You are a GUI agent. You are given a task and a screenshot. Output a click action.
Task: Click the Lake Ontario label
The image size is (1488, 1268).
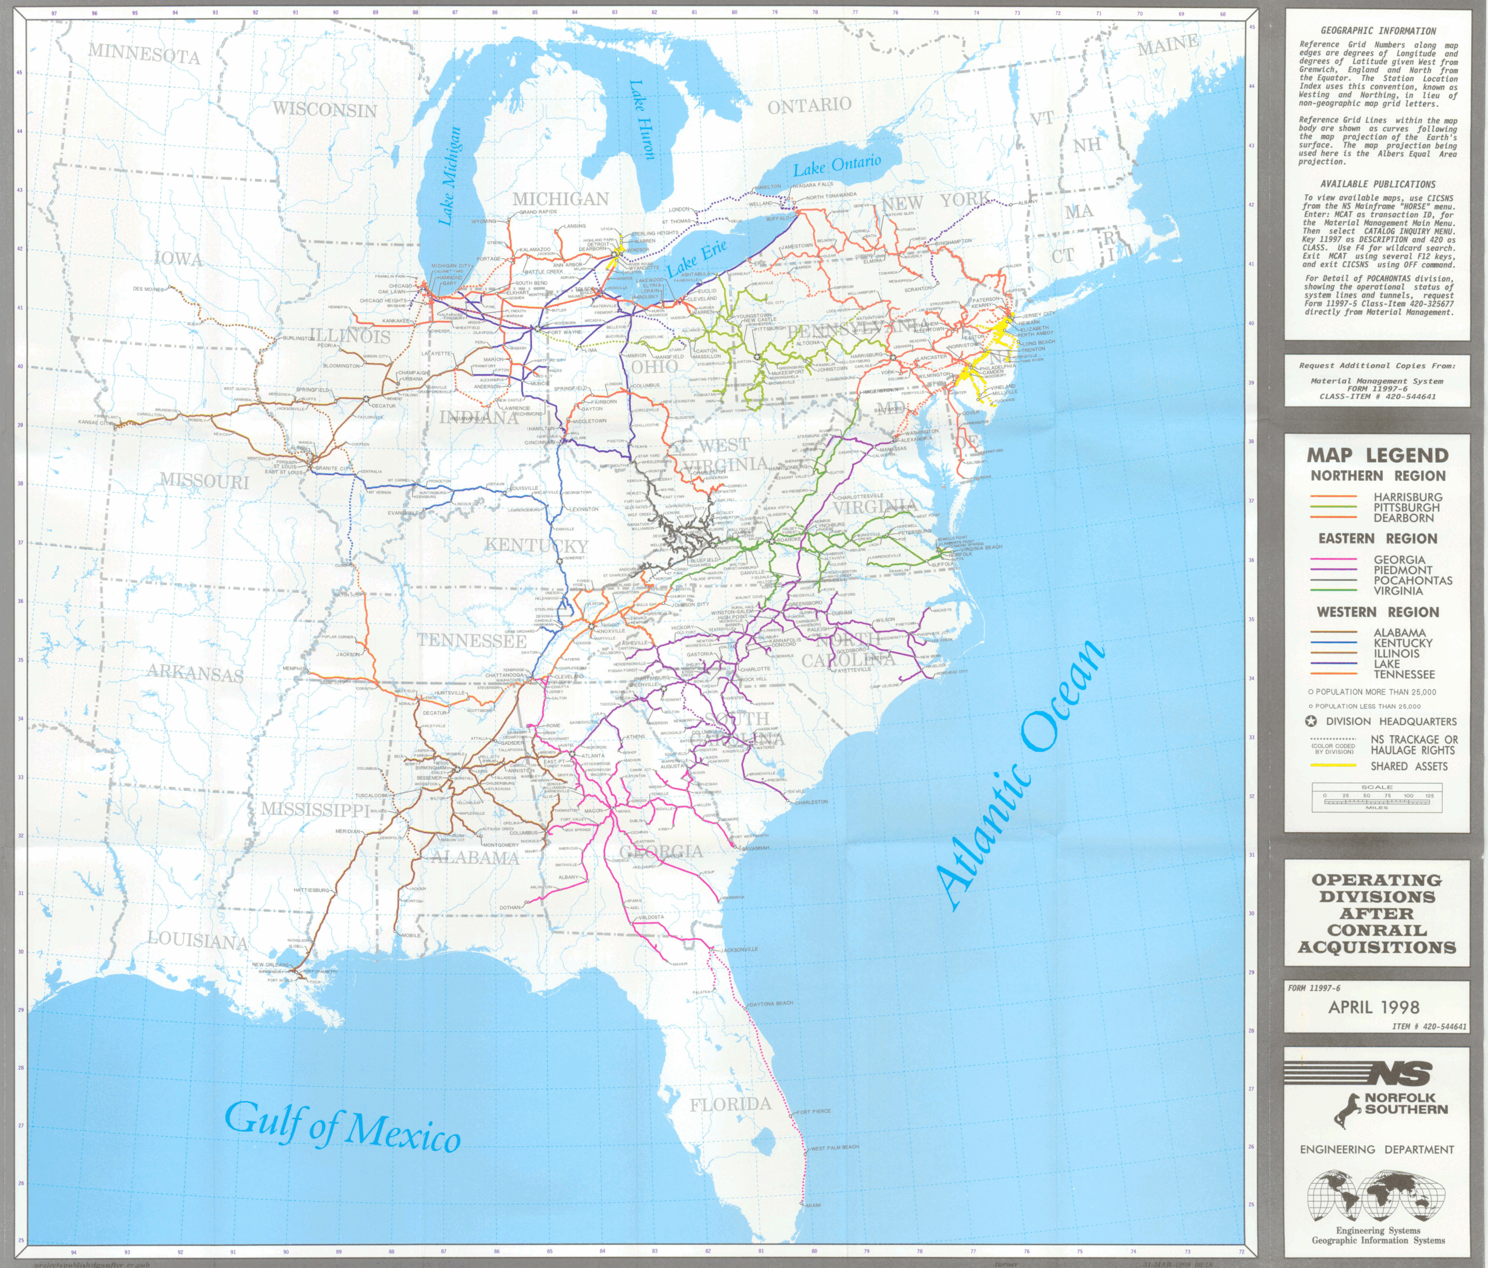click(x=836, y=165)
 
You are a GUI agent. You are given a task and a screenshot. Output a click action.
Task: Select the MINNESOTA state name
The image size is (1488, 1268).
click(x=144, y=54)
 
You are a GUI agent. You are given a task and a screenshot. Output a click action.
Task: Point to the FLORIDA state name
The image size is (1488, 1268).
click(x=731, y=1105)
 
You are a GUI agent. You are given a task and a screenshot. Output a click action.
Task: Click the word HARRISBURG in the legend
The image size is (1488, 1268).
click(x=1408, y=497)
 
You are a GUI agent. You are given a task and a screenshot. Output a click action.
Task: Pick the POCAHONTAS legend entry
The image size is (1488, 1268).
click(x=1412, y=580)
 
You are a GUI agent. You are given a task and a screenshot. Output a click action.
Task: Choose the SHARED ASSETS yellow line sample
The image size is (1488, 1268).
click(x=1333, y=766)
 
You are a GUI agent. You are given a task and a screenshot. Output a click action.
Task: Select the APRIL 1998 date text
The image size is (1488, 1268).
click(x=1373, y=1007)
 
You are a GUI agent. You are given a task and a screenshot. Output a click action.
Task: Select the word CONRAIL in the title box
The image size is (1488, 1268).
click(x=1376, y=930)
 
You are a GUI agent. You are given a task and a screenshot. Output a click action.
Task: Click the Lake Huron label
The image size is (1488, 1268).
click(x=641, y=119)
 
